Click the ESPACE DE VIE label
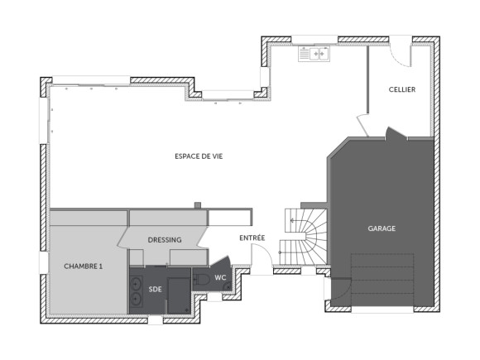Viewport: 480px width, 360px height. pyautogui.click(x=198, y=156)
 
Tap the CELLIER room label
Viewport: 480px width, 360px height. pyautogui.click(x=402, y=89)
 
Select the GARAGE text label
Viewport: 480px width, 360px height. pyautogui.click(x=382, y=228)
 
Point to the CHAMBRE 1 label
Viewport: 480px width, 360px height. pyautogui.click(x=84, y=266)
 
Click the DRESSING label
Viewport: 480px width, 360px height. pyautogui.click(x=165, y=240)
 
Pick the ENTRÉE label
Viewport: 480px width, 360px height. pyautogui.click(x=252, y=238)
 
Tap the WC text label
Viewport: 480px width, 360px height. pyautogui.click(x=221, y=277)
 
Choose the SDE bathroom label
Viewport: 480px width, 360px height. pyautogui.click(x=156, y=290)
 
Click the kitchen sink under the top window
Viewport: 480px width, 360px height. pyautogui.click(x=314, y=55)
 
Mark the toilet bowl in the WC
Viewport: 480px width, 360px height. pyautogui.click(x=202, y=280)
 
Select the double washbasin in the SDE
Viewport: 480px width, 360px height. pyautogui.click(x=135, y=290)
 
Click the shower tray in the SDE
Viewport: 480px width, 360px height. pyautogui.click(x=180, y=295)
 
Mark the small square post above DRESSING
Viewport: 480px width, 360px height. pyautogui.click(x=197, y=204)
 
